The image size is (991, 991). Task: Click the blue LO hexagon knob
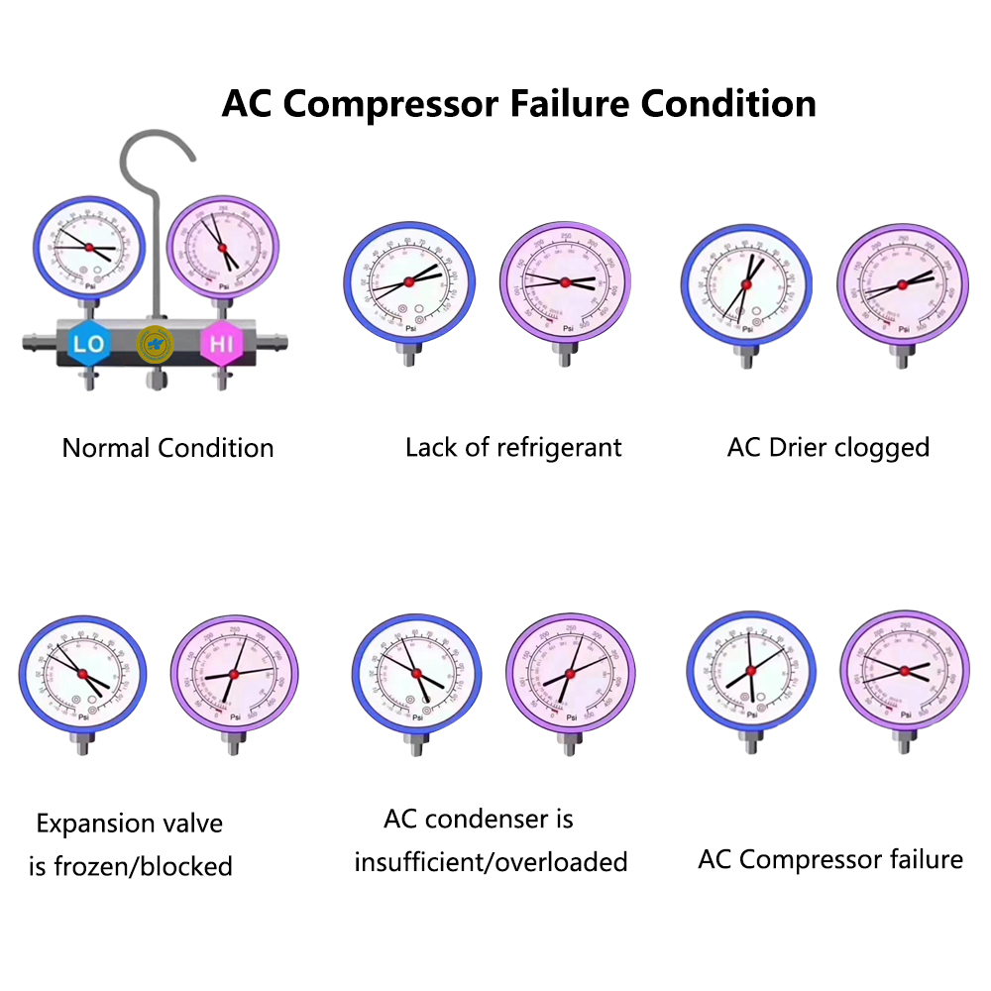pyautogui.click(x=89, y=344)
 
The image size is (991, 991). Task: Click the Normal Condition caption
pyautogui.click(x=167, y=448)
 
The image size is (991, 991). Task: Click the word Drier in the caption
pyautogui.click(x=795, y=447)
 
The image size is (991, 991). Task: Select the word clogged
pyautogui.click(x=881, y=447)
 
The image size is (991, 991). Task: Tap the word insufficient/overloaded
pyautogui.click(x=491, y=862)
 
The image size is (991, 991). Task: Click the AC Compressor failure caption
pyautogui.click(x=830, y=859)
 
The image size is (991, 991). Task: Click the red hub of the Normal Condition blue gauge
pyautogui.click(x=88, y=247)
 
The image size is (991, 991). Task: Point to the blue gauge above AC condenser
pyautogui.click(x=416, y=675)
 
